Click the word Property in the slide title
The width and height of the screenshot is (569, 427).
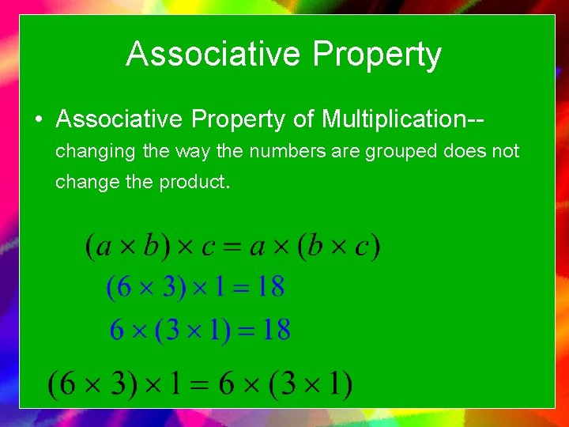click(376, 55)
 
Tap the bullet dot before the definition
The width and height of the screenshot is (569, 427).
click(38, 120)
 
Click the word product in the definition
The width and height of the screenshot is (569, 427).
click(194, 182)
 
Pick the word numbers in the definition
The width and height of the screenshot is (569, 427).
click(288, 150)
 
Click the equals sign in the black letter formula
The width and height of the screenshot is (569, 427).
click(233, 246)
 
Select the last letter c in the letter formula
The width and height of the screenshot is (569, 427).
click(362, 246)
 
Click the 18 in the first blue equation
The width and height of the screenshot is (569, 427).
click(270, 287)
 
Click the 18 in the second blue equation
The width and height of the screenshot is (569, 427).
click(276, 329)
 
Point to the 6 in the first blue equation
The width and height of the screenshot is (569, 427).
click(123, 287)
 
